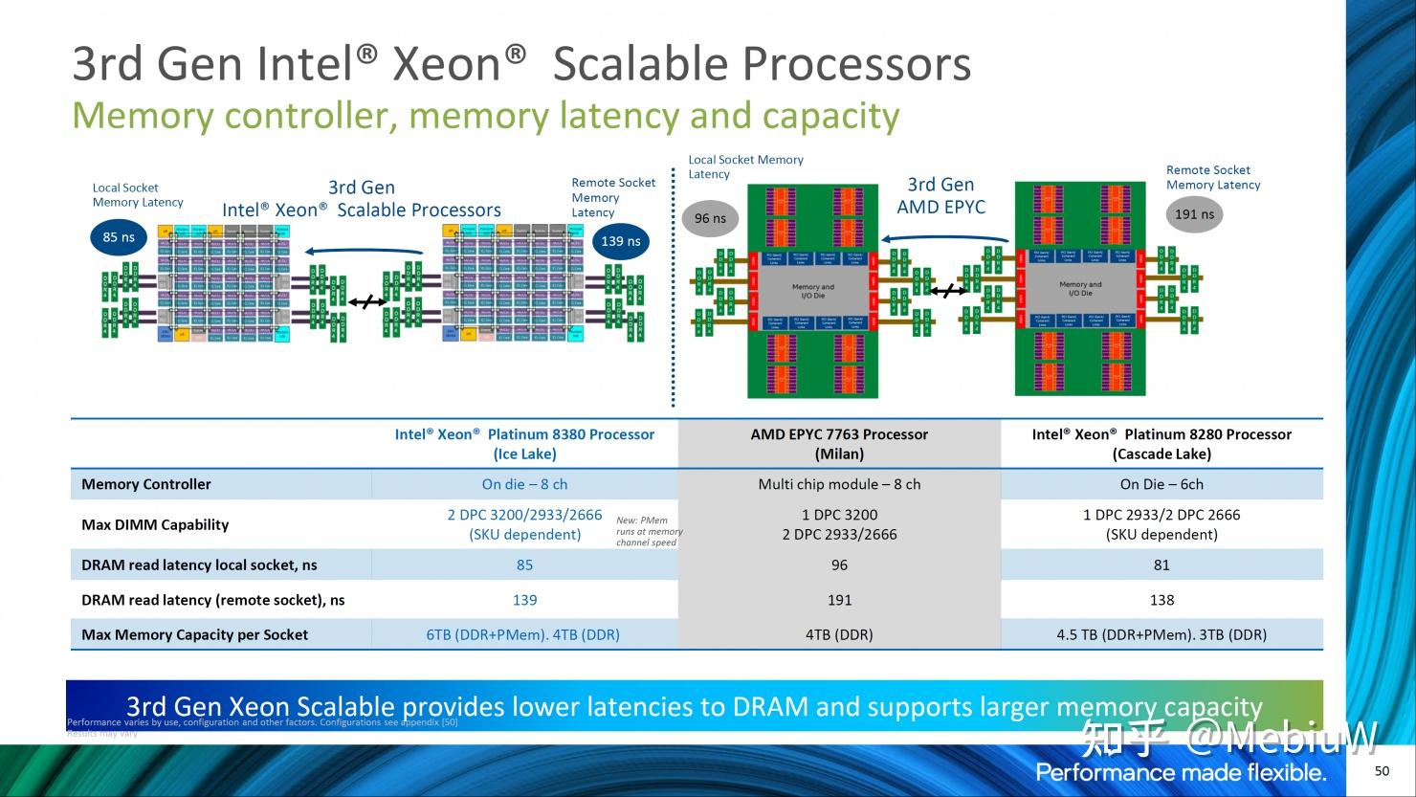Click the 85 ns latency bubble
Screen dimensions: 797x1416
pos(119,237)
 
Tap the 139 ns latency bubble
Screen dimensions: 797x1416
pos(621,241)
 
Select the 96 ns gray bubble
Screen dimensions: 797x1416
pos(710,218)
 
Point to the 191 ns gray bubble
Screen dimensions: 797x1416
pos(1194,214)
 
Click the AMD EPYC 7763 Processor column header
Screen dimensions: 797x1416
pos(839,444)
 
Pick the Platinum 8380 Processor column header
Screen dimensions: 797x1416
pos(524,444)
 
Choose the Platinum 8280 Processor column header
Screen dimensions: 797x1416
pos(1162,444)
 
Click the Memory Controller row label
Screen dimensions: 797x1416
pos(146,484)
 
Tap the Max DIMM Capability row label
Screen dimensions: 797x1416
pos(155,524)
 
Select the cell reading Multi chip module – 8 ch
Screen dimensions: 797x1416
pos(839,484)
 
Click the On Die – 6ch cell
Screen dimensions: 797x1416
pos(1162,484)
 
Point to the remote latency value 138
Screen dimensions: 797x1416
pos(1162,600)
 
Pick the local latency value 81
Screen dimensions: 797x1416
pos(1162,565)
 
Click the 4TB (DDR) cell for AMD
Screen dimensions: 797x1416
pos(839,634)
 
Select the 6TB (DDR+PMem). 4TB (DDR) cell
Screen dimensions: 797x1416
pos(522,634)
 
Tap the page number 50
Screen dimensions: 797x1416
pos(1382,771)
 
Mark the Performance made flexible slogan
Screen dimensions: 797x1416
pos(1181,773)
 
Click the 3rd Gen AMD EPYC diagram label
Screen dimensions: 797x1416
pos(940,196)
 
